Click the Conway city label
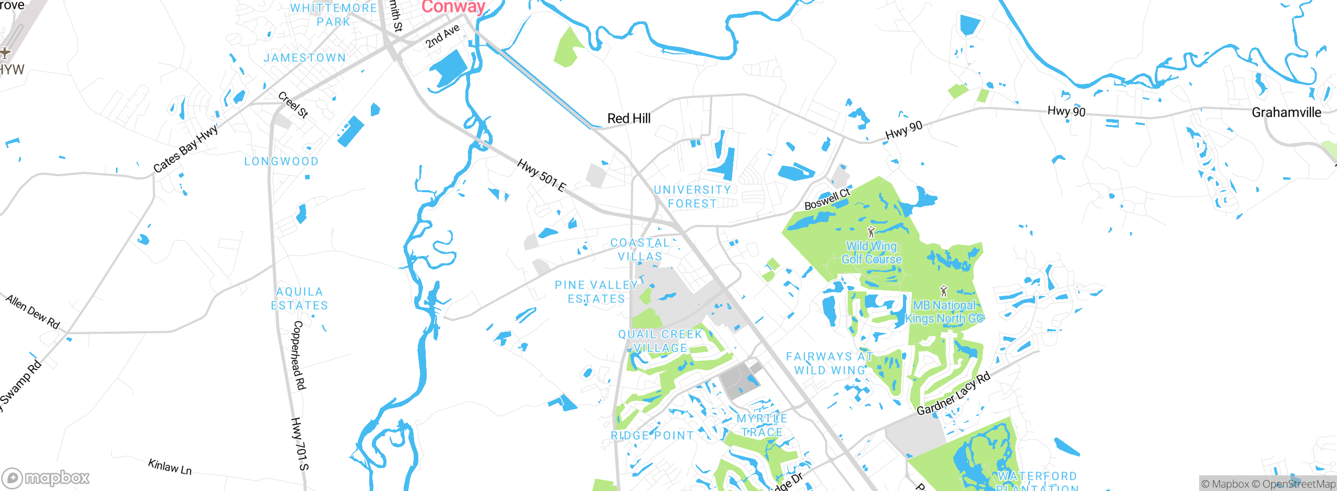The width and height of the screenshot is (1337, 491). click(453, 6)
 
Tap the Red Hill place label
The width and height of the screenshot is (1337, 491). click(629, 119)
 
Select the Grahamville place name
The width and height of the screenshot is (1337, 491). click(1286, 112)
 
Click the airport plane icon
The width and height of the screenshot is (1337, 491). click(5, 53)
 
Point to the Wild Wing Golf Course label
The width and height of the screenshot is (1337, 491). click(871, 253)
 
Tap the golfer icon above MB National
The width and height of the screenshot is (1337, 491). click(943, 291)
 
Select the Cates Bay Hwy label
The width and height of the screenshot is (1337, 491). click(185, 149)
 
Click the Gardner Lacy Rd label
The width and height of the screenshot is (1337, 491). click(953, 394)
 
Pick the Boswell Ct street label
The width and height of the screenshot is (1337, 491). click(827, 200)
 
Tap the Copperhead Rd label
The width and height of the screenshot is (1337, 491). click(298, 355)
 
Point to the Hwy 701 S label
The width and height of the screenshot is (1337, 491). click(300, 444)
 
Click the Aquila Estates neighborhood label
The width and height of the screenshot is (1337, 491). click(299, 299)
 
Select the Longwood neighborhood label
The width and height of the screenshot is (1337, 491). click(282, 161)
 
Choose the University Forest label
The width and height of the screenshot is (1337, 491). click(693, 197)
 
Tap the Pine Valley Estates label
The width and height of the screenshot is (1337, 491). click(596, 292)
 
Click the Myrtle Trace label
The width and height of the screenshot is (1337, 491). click(762, 425)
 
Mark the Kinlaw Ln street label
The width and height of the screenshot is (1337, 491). click(170, 466)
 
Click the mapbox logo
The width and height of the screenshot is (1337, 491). click(46, 477)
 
